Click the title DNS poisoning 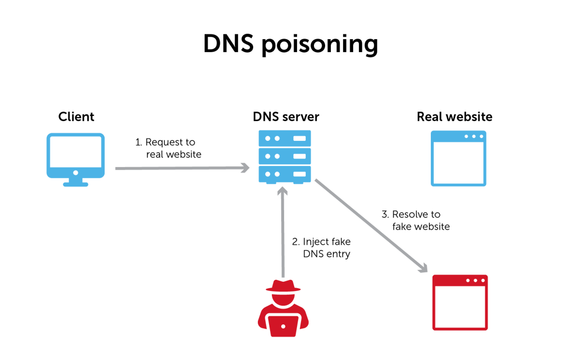[x=290, y=44]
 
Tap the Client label [x=77, y=117]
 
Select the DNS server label [x=286, y=117]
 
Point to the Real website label [x=454, y=117]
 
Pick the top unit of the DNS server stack [x=285, y=138]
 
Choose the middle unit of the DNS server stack [x=285, y=155]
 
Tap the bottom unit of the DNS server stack [x=285, y=174]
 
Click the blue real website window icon [x=459, y=158]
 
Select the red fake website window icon [x=460, y=302]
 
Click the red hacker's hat [x=284, y=286]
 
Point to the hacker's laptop [x=284, y=325]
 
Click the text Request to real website [x=169, y=148]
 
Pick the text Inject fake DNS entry [x=321, y=248]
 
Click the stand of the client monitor [x=76, y=181]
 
